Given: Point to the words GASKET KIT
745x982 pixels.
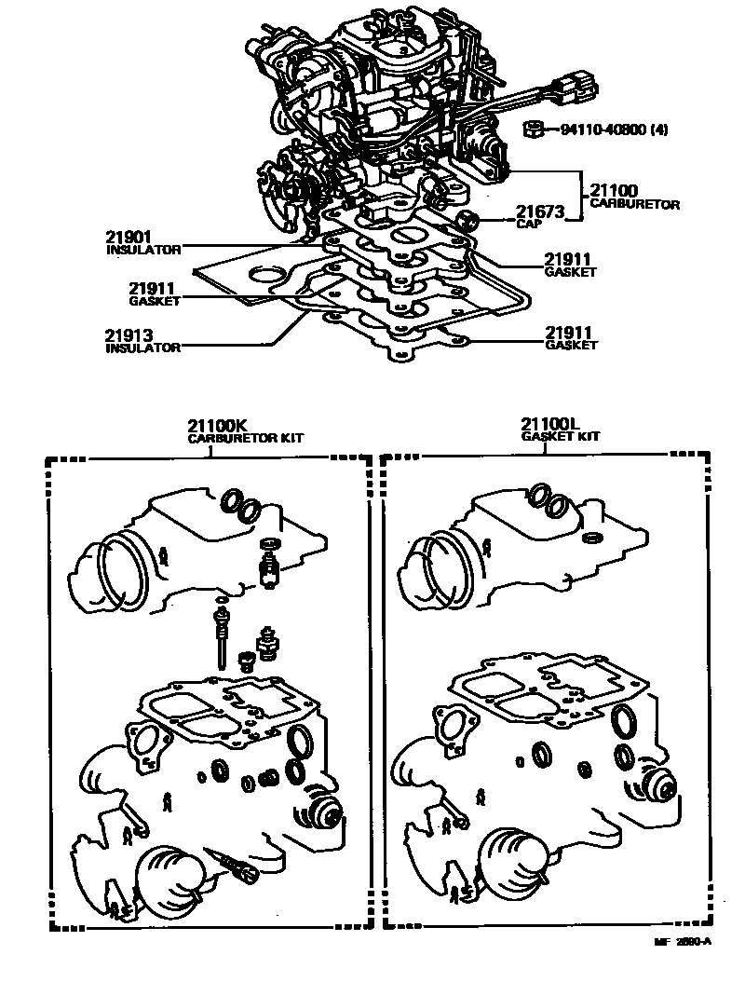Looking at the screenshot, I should [561, 437].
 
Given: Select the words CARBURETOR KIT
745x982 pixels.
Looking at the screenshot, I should [246, 437].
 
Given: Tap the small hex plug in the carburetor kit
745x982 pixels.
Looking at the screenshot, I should [247, 663].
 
